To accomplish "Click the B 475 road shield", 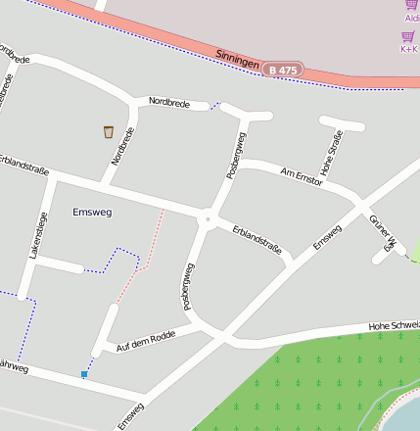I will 283,71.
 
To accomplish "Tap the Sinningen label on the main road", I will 237,60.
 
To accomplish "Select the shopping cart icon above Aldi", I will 411,5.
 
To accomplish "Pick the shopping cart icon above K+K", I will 407,36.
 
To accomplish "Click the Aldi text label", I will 411,18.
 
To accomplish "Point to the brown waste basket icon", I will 108,131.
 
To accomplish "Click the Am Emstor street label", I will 301,174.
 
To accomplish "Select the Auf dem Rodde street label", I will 145,341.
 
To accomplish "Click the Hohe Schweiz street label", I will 394,325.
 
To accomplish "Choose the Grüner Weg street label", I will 382,232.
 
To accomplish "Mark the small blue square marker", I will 84,374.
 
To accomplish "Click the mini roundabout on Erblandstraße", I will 207,220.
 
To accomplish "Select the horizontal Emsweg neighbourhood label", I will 92,211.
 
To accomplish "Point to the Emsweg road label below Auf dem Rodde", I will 130,415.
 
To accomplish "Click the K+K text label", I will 409,48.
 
